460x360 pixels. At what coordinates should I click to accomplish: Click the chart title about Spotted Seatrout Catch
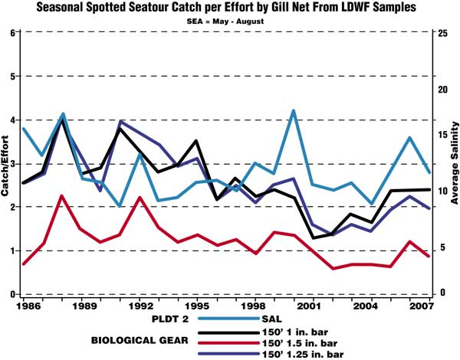click(x=231, y=8)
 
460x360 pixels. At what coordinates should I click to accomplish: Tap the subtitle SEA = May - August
click(x=230, y=21)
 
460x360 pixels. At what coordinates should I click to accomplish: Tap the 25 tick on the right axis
click(x=442, y=33)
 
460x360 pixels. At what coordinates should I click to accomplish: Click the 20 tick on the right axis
click(x=442, y=88)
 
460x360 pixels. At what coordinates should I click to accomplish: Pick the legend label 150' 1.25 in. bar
click(x=311, y=354)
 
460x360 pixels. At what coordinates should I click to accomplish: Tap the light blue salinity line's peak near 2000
click(x=293, y=111)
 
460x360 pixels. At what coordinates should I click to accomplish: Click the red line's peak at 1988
click(x=61, y=196)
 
